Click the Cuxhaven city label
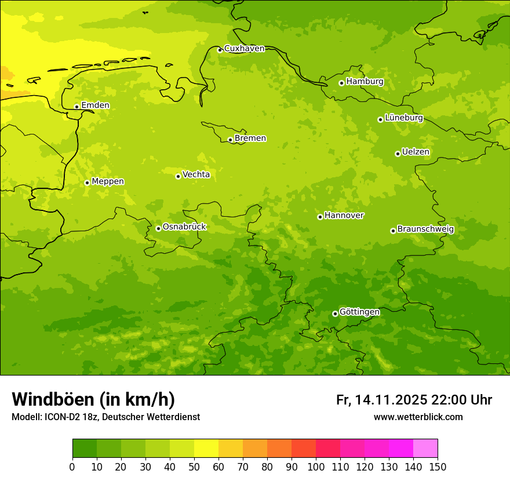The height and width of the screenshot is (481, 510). click(x=244, y=49)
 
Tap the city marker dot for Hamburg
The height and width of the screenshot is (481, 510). click(x=341, y=83)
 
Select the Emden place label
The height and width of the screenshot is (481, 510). click(x=95, y=105)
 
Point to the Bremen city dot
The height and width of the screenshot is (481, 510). click(x=230, y=140)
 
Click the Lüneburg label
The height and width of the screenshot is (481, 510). click(x=403, y=118)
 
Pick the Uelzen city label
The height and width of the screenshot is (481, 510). click(x=416, y=152)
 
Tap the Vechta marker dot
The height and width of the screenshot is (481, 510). click(x=178, y=176)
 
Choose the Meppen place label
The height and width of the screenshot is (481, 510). click(x=108, y=181)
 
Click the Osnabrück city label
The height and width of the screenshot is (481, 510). click(x=184, y=227)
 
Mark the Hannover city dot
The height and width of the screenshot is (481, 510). click(x=320, y=217)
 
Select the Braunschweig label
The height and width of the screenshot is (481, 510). click(x=425, y=229)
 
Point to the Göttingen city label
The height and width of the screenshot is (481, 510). click(x=359, y=312)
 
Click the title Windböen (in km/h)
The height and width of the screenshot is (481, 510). click(x=93, y=399)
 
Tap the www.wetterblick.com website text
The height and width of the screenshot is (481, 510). click(x=418, y=417)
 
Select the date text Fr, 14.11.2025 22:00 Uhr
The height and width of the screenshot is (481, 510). click(x=414, y=400)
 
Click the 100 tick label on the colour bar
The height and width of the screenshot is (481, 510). click(x=315, y=467)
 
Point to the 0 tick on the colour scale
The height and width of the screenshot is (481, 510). click(x=72, y=467)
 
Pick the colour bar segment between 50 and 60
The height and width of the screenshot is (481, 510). click(x=206, y=449)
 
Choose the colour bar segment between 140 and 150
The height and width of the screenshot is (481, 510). click(x=425, y=449)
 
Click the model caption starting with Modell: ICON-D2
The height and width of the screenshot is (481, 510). click(x=105, y=417)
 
